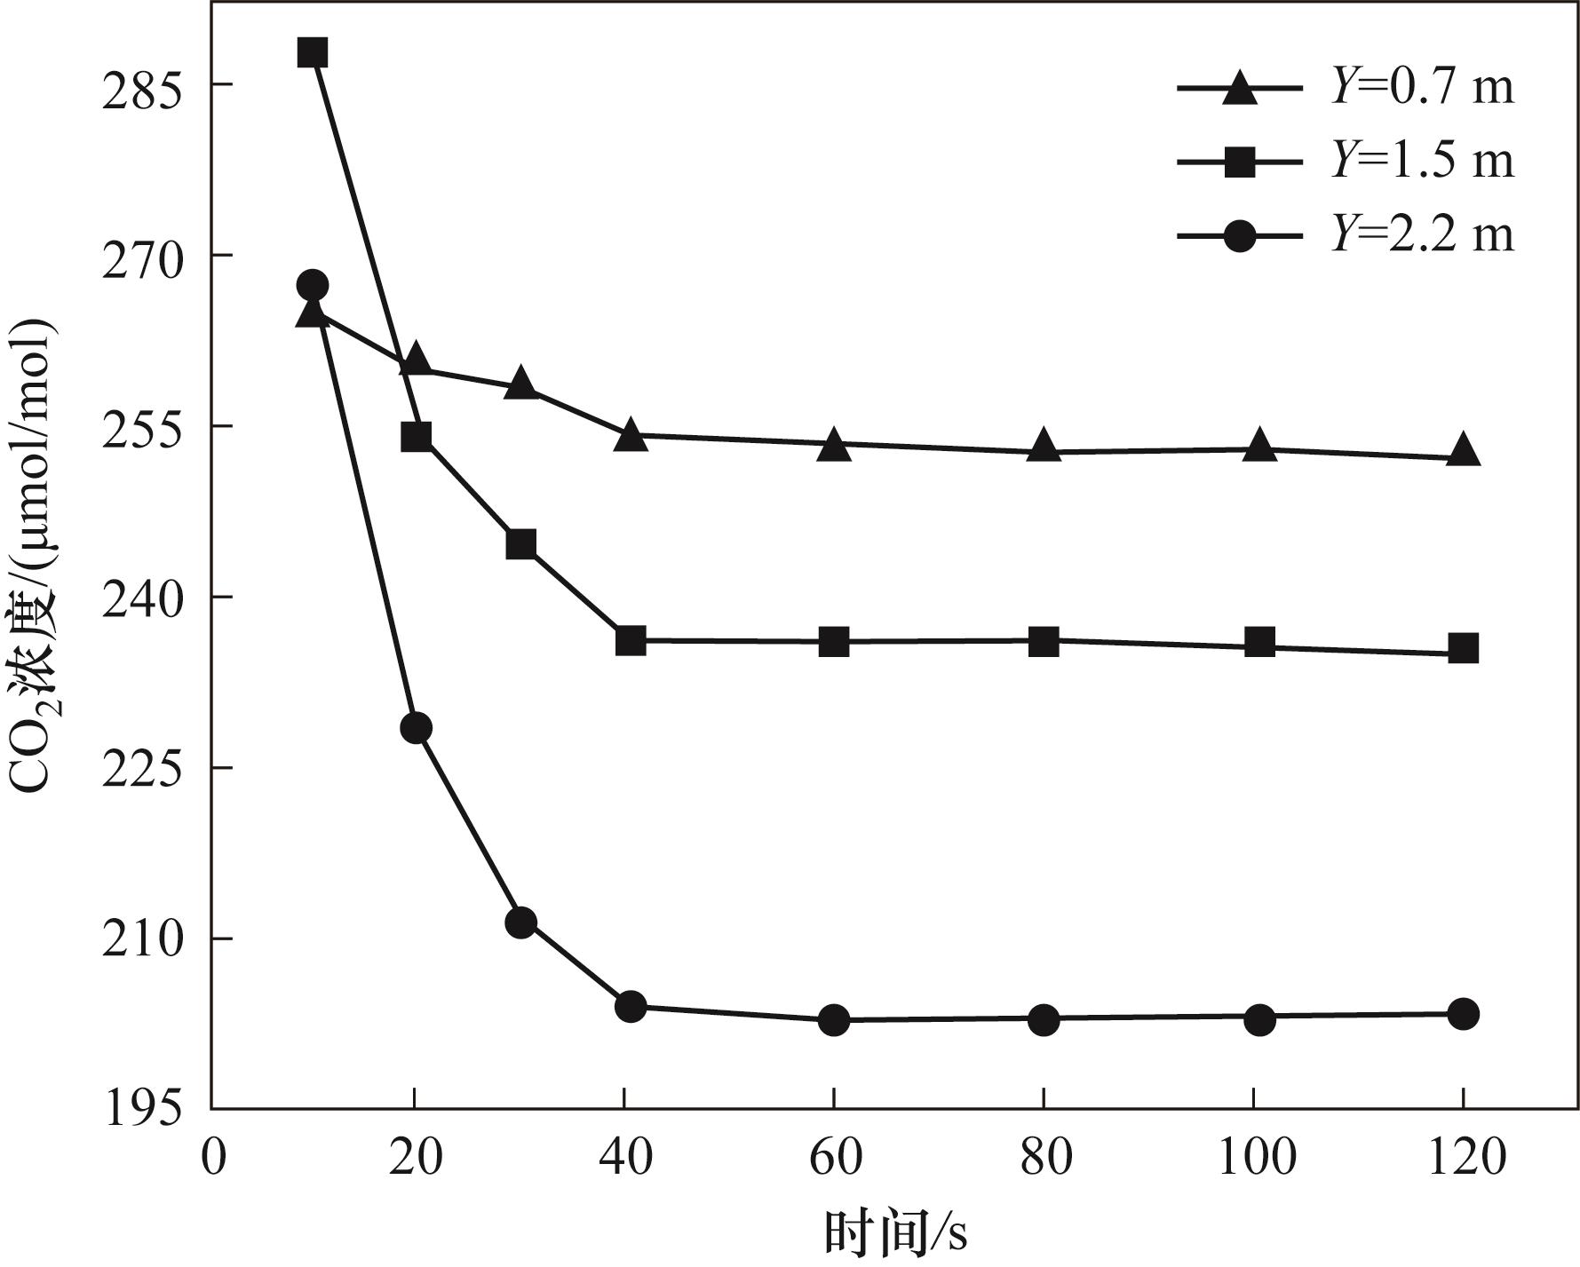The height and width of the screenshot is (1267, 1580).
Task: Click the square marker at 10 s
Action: click(312, 53)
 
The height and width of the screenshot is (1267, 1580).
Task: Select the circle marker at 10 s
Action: click(312, 285)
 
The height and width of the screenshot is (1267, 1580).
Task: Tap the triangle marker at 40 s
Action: click(631, 435)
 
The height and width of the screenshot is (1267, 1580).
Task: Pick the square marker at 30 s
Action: click(521, 543)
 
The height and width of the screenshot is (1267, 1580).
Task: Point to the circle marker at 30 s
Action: click(521, 923)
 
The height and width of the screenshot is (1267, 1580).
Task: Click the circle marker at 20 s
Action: click(416, 728)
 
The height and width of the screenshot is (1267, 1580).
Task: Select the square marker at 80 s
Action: click(1044, 641)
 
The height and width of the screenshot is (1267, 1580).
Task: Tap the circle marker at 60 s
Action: click(834, 1020)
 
